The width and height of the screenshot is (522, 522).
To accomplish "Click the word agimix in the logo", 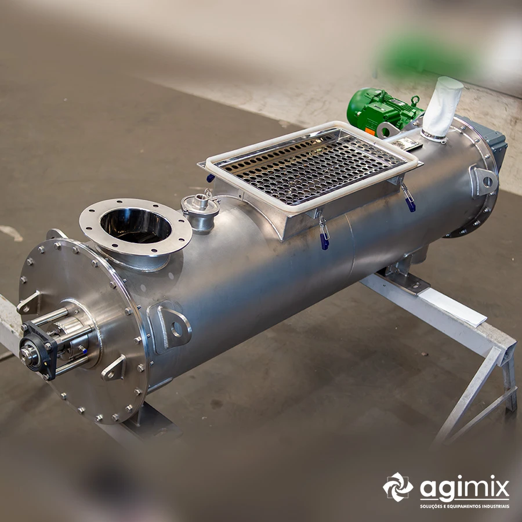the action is click(x=465, y=488).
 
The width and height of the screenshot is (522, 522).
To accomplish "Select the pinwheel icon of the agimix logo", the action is click(x=398, y=487).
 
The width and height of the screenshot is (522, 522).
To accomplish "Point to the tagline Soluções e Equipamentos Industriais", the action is click(x=465, y=506).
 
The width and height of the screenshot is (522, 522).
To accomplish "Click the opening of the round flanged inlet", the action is click(x=136, y=226).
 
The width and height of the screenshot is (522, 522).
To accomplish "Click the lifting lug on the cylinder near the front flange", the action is click(x=170, y=328).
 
